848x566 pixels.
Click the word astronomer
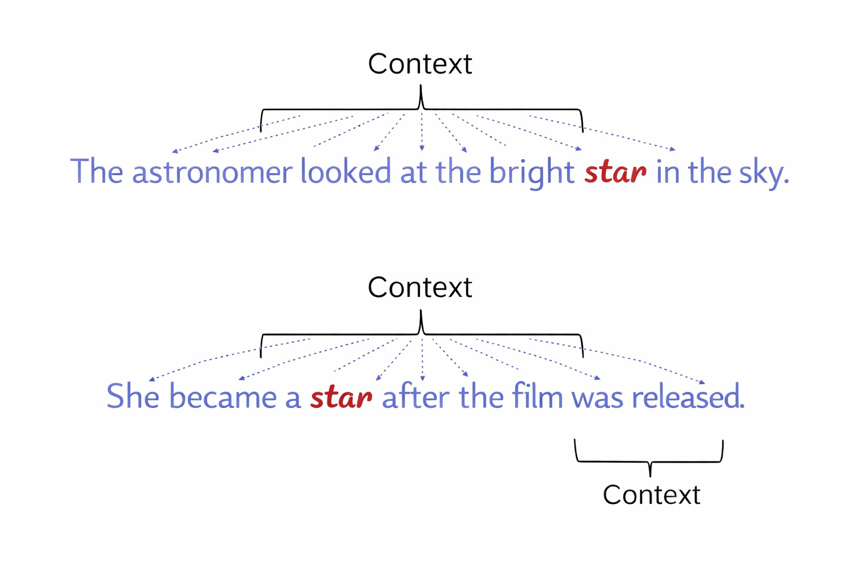[212, 172]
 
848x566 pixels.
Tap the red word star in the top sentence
[615, 172]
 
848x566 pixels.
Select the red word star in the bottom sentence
[341, 397]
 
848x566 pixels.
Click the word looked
[346, 172]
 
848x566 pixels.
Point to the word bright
[532, 173]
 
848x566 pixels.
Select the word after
[415, 397]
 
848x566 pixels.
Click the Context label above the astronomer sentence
[420, 64]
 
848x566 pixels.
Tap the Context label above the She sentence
[420, 287]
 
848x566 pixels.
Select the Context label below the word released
[651, 495]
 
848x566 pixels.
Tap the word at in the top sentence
[414, 172]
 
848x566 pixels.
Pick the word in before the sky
[667, 172]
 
